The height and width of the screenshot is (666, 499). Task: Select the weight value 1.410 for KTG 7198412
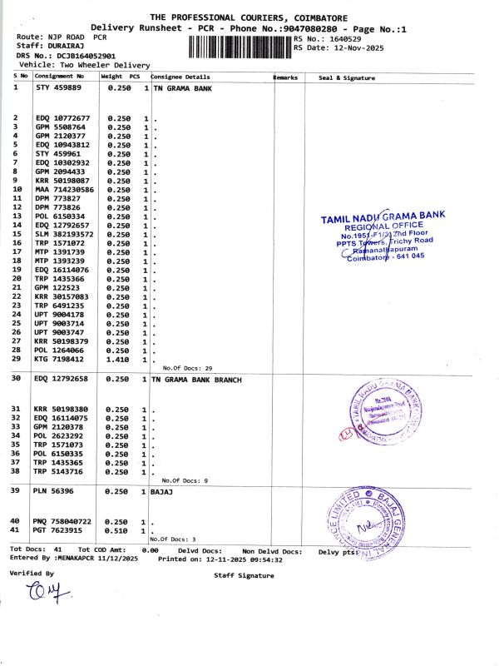tap(119, 360)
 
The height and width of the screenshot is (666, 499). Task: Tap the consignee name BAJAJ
tap(164, 492)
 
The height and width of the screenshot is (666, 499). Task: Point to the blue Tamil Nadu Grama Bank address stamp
tap(383, 237)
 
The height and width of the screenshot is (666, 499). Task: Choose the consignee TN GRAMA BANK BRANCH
tap(197, 380)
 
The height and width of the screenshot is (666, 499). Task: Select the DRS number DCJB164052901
tap(80, 56)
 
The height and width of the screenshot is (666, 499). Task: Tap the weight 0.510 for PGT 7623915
tap(119, 530)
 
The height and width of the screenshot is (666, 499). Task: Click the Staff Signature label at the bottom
tap(244, 575)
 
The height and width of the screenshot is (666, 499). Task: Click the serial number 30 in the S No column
tap(16, 380)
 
